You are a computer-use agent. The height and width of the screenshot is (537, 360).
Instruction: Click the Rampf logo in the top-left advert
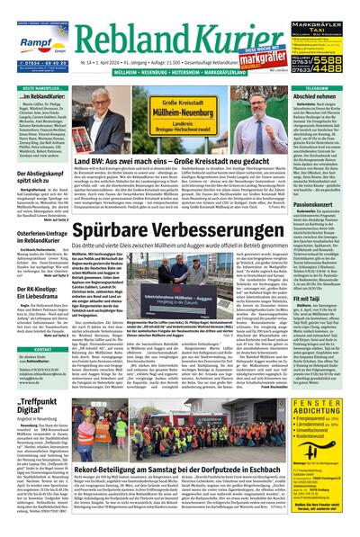click(x=28, y=37)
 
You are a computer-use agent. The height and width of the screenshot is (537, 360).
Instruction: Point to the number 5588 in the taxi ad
click(x=330, y=60)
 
